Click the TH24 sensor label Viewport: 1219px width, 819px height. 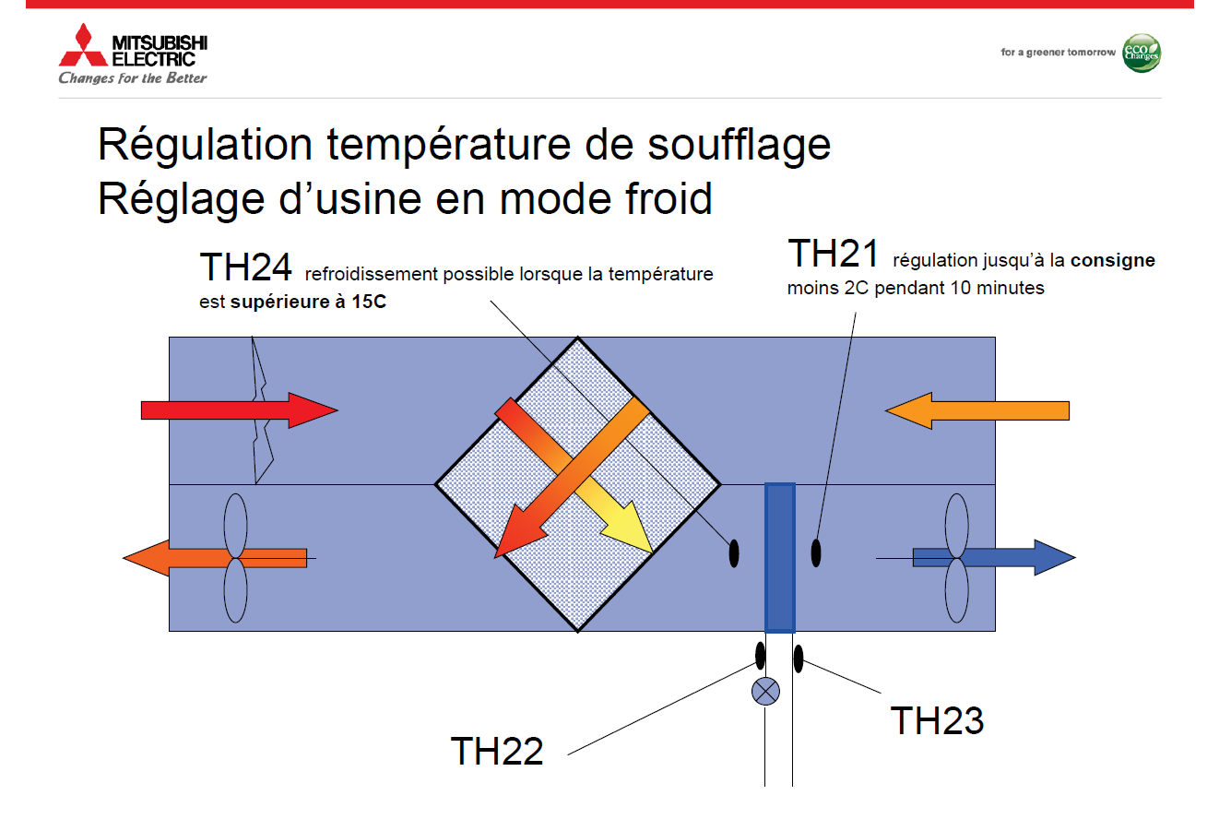[x=245, y=267]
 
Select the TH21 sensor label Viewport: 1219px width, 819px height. [x=834, y=253]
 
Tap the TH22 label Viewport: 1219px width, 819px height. [x=497, y=751]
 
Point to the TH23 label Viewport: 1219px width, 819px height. [x=937, y=720]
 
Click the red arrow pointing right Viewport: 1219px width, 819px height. [x=240, y=410]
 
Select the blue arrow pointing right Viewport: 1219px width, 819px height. [x=994, y=557]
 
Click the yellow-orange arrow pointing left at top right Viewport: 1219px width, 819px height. [x=977, y=410]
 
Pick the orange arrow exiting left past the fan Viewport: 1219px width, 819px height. [x=215, y=558]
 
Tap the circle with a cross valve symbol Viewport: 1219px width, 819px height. [x=765, y=692]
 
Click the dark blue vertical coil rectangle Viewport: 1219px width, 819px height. [x=780, y=557]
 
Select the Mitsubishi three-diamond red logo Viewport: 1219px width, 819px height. [x=83, y=45]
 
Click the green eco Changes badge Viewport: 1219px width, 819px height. [x=1142, y=53]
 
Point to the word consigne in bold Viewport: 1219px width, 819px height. [x=1112, y=260]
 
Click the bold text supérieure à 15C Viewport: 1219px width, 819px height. [x=308, y=301]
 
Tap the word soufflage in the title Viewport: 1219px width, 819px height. [x=739, y=145]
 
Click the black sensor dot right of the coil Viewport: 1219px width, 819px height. [x=816, y=552]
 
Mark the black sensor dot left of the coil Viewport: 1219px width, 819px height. [x=734, y=553]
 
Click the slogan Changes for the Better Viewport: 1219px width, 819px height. [x=133, y=78]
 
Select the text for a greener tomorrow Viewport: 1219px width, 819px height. [x=1058, y=53]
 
